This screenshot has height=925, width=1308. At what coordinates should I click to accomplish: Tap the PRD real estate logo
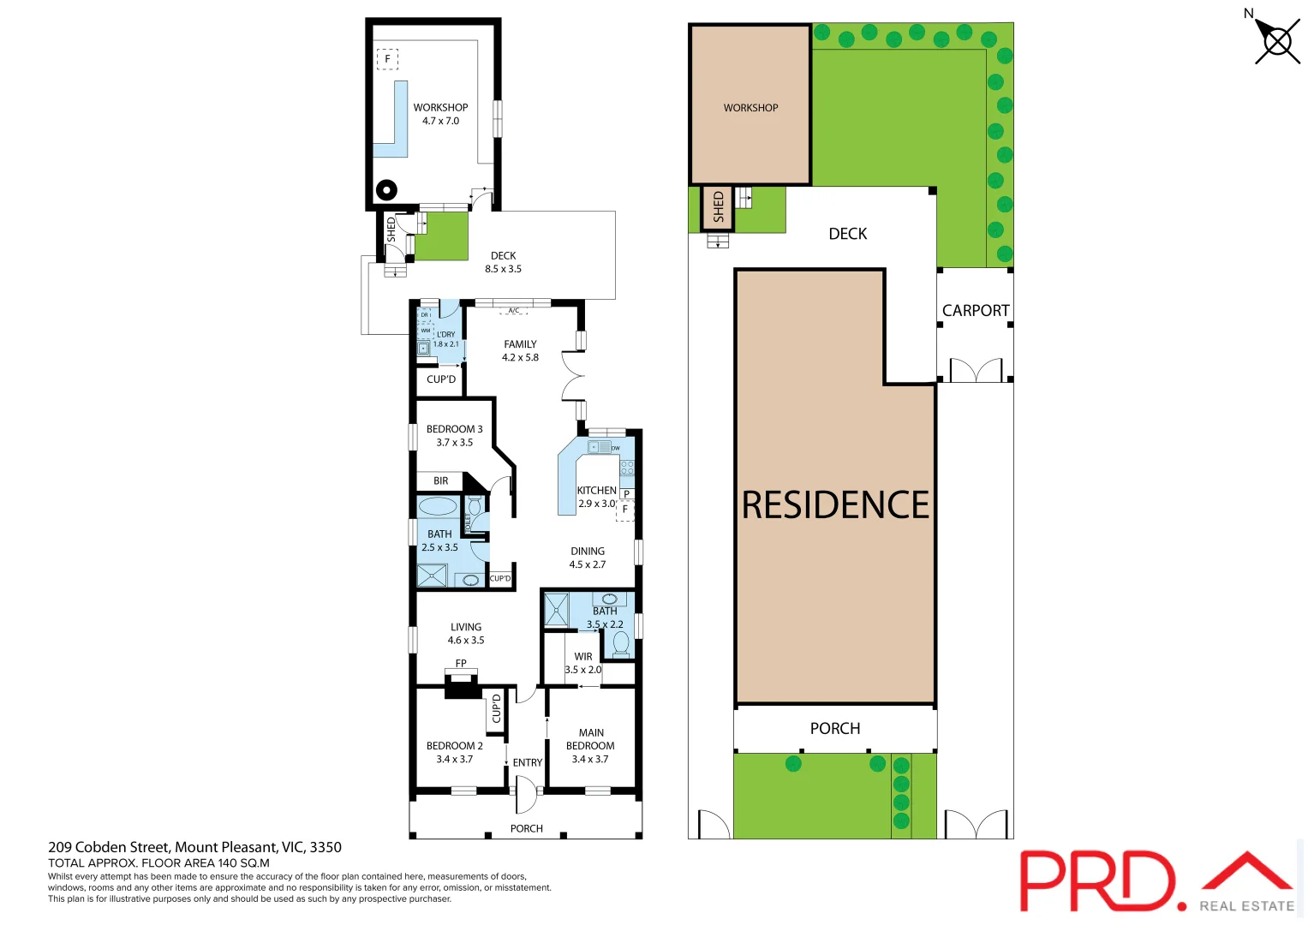coord(1156,882)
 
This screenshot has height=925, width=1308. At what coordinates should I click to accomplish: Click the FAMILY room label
coord(520,344)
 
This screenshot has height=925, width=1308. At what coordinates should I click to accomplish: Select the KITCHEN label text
coord(596,491)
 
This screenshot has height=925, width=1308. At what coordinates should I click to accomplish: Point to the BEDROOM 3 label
coord(454,429)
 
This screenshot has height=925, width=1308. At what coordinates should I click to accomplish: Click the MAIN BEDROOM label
coord(590,739)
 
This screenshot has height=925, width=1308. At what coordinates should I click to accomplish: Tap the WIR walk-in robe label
coord(583,657)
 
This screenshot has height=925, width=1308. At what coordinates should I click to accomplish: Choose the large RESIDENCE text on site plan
coord(835,505)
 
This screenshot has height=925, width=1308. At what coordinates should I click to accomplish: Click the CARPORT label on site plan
coord(976,311)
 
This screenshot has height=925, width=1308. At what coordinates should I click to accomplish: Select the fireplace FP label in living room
coord(461,664)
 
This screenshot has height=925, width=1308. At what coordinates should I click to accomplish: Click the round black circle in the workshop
coord(386,190)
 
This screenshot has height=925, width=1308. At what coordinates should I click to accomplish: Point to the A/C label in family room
coord(514,311)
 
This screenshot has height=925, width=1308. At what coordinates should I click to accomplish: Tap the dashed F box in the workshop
coord(387,59)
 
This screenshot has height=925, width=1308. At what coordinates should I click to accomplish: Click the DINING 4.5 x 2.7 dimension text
coord(588,564)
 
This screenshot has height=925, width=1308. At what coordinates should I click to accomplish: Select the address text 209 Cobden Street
coord(194,847)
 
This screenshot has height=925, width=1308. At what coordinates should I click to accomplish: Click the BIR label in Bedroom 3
coord(440,481)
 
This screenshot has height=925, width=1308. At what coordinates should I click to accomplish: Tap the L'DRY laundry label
coord(446,335)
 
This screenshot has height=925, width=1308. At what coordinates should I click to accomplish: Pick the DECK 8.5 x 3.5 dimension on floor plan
coord(503,269)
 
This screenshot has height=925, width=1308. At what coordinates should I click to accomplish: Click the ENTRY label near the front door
coord(527,762)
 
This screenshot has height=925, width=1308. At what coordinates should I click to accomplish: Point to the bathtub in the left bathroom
coord(438,505)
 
